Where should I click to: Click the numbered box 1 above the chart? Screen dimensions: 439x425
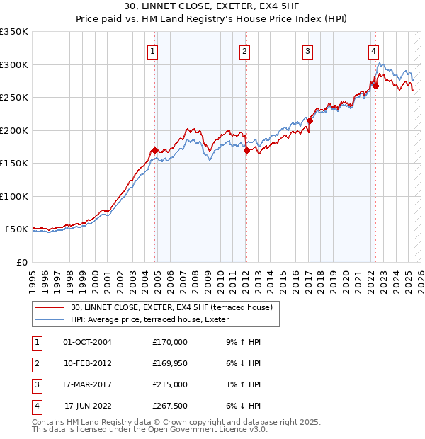pyautogui.click(x=153, y=51)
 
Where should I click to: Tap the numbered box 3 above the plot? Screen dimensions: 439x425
pyautogui.click(x=308, y=51)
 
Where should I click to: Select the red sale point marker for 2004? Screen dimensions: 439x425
pyautogui.click(x=154, y=150)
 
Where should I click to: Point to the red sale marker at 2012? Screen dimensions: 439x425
pyautogui.click(x=246, y=150)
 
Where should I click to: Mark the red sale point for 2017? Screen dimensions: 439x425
pyautogui.click(x=310, y=121)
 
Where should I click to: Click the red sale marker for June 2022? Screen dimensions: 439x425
pyautogui.click(x=376, y=86)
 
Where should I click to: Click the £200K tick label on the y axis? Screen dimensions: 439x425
pyautogui.click(x=14, y=130)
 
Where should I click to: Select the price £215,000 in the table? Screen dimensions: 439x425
pyautogui.click(x=170, y=386)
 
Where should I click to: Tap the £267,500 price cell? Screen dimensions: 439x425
pyautogui.click(x=170, y=406)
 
